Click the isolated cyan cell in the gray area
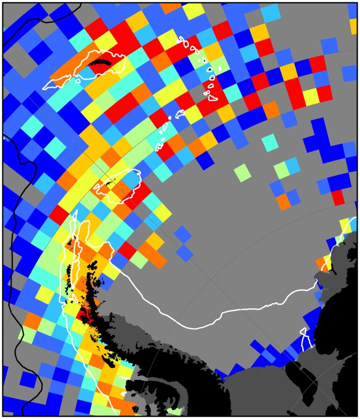coord(269,142)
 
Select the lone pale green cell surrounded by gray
coord(242,172)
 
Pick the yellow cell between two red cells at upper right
coord(310,96)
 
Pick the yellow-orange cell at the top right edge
coord(353,26)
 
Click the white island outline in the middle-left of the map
coord(117,185)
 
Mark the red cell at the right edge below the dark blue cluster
coord(338,197)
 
